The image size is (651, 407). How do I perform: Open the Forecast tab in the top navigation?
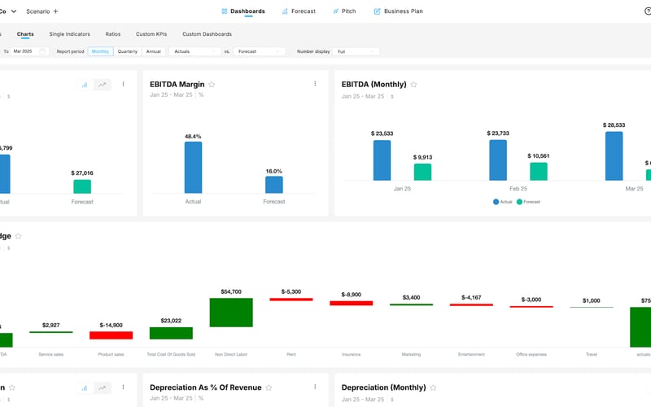(298, 11)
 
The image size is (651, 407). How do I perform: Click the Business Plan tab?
(398, 11)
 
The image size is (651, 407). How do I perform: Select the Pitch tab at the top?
(345, 11)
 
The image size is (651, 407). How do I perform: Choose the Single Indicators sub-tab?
(69, 34)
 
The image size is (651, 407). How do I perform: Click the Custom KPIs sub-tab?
(151, 34)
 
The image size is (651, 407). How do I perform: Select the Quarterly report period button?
(127, 51)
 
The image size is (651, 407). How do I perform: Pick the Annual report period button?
(153, 51)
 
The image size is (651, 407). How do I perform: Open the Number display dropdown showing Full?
(357, 51)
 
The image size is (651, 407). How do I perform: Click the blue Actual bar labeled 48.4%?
(193, 167)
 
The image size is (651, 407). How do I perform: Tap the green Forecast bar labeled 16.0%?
(274, 185)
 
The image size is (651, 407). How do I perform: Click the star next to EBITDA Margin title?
(212, 84)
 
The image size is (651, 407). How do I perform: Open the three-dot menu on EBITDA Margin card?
(315, 84)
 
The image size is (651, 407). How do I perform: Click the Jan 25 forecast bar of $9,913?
(422, 172)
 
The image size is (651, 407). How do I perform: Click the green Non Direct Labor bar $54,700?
(231, 312)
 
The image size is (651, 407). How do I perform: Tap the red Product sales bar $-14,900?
(111, 335)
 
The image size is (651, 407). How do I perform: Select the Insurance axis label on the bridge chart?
(351, 354)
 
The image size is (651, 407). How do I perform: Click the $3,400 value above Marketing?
(411, 298)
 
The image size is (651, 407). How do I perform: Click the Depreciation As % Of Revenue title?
(201, 387)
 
